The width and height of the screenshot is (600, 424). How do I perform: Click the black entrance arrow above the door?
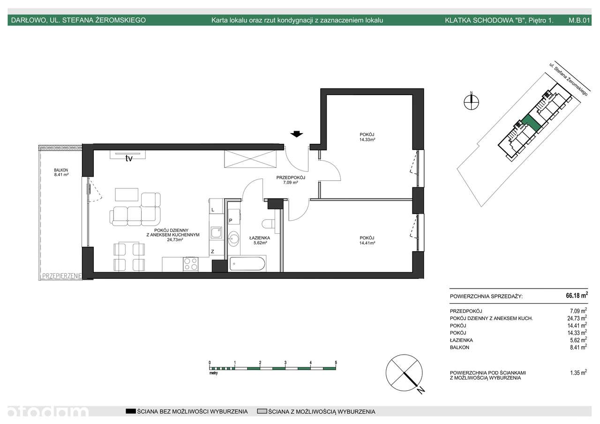tap(296, 134)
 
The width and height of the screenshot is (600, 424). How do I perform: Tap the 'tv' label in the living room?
tap(128, 158)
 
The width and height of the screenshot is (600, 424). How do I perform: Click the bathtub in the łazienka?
tap(247, 264)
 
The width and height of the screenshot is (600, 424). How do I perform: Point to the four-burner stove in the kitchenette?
tap(190, 264)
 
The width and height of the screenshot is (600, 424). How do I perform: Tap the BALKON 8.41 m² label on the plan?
tap(61, 172)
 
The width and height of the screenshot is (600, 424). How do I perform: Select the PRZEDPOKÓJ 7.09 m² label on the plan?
tap(291, 180)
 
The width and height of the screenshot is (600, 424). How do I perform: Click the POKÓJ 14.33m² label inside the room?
tap(367, 137)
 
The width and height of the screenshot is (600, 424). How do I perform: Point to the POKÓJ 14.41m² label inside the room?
tap(367, 240)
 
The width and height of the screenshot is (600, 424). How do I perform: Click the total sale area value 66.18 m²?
tap(576, 296)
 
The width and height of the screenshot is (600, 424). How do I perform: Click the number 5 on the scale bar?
tap(336, 363)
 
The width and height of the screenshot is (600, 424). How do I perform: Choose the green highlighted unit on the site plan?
tap(530, 123)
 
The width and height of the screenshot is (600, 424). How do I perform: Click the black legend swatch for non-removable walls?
tap(130, 411)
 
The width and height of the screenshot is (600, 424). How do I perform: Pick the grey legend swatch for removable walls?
tap(262, 411)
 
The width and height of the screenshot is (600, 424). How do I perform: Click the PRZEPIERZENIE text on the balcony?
tap(62, 276)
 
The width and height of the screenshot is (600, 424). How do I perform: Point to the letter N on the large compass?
tap(421, 389)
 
